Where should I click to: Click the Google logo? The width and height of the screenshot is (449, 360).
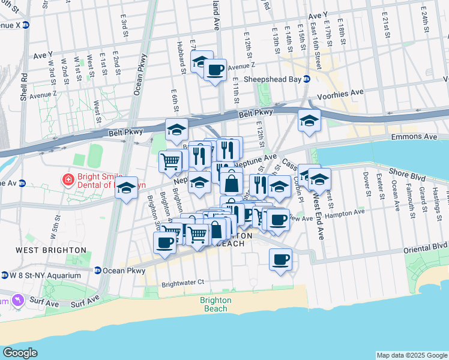coord(20,352)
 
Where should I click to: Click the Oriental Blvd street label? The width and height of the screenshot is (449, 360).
coord(426,247)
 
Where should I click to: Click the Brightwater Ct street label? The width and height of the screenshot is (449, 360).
coord(183,282)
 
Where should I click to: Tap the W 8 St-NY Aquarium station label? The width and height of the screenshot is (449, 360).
coord(45,275)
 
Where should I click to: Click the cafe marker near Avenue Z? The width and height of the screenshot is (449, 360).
coord(215,70)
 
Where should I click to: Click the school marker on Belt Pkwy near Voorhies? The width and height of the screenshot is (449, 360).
coord(309,121)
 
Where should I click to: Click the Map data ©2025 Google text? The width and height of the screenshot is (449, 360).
coord(411,355)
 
